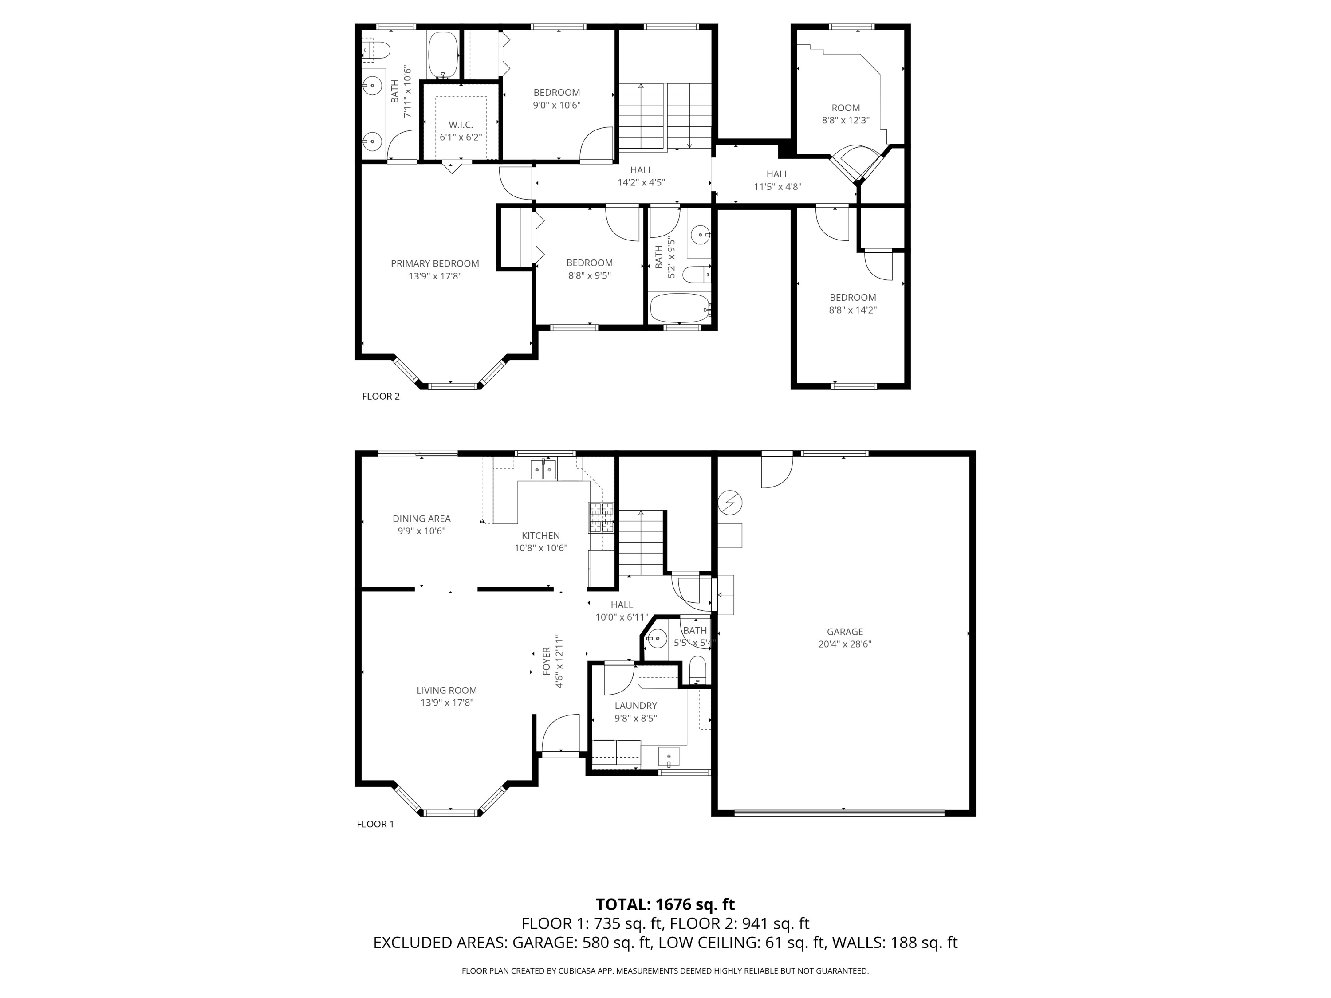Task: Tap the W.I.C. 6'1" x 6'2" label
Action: click(461, 130)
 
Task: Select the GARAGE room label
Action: click(844, 632)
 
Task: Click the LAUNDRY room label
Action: click(635, 706)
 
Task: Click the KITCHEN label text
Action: click(540, 535)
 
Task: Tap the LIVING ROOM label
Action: click(446, 691)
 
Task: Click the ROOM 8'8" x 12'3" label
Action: click(846, 114)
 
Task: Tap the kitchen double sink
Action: click(543, 469)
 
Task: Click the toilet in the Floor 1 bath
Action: click(697, 669)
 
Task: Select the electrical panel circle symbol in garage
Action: click(730, 502)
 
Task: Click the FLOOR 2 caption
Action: click(380, 397)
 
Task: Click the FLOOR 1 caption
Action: click(375, 824)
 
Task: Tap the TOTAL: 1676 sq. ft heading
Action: click(665, 904)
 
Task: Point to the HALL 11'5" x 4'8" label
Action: click(777, 180)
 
